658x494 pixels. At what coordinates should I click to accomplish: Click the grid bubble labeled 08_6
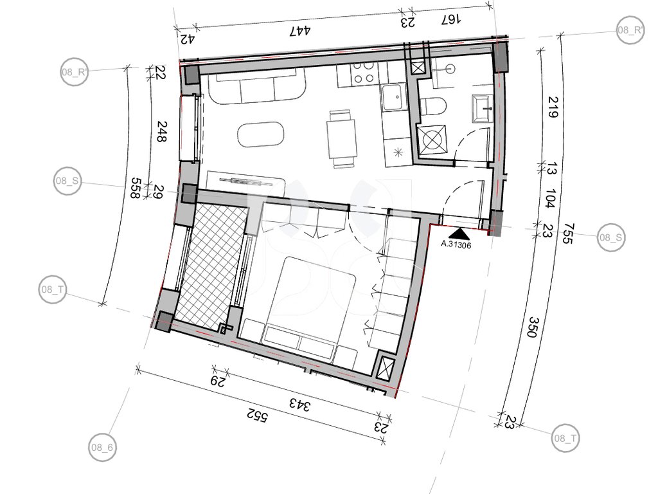tap(102, 448)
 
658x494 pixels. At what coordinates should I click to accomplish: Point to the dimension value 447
tap(301, 30)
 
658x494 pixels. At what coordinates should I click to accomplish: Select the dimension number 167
tap(451, 19)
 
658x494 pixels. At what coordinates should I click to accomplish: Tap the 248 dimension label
tap(161, 131)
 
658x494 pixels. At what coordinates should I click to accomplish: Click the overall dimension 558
tap(135, 188)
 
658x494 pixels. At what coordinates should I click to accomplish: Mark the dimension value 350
tap(531, 327)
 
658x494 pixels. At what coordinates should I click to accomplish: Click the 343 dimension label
tap(299, 405)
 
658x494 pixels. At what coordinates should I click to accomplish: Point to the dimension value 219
tap(553, 107)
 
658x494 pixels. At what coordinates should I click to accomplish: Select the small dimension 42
tap(188, 39)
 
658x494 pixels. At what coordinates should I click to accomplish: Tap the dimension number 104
tap(550, 198)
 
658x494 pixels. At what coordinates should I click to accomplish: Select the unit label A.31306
tap(456, 244)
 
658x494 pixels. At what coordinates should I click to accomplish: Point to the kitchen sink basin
tap(394, 98)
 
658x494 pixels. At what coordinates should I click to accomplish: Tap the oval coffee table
tap(261, 135)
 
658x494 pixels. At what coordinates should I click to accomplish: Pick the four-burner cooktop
tap(364, 73)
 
